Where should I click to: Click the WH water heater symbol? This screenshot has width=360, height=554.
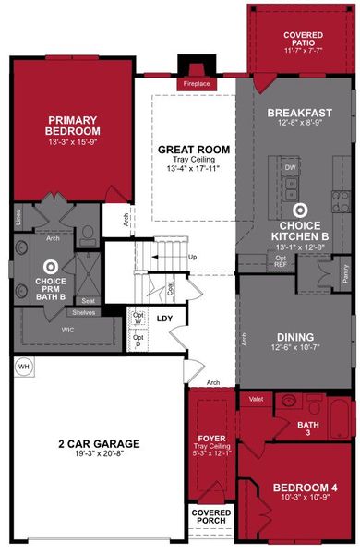23,367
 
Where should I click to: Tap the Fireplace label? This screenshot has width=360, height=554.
197,84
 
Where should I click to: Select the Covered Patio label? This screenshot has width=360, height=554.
303,39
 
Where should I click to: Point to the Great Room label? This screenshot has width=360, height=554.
193,150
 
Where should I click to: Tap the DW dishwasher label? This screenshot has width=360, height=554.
289,167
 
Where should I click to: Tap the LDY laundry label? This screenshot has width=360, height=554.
165,319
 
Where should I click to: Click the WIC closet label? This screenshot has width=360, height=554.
39,328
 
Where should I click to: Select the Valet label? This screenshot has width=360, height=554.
257,398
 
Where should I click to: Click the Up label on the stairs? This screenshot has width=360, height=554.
192,256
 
